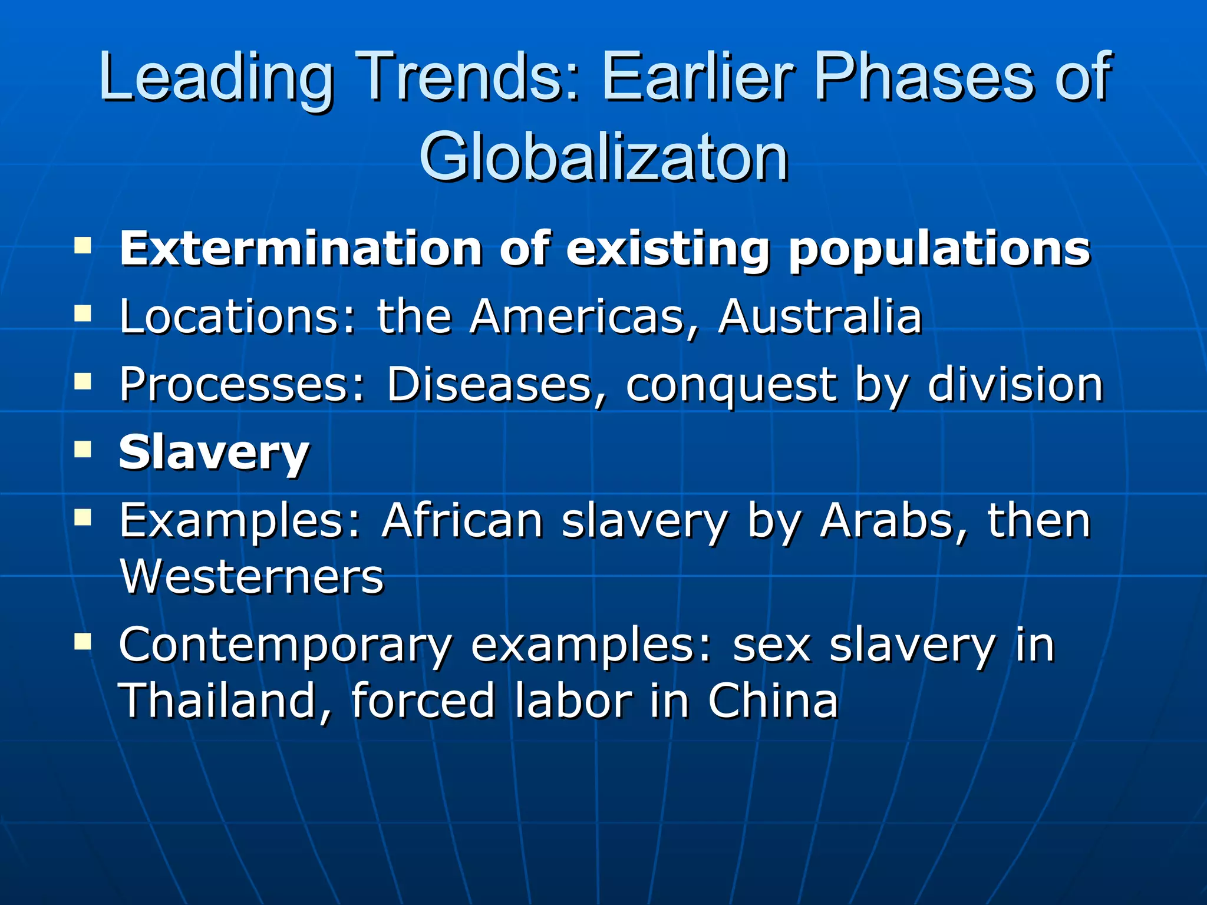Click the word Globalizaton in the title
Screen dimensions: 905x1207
[603, 156]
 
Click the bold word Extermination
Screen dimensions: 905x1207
[301, 248]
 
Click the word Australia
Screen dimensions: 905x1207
[820, 316]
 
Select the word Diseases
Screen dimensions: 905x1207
[489, 385]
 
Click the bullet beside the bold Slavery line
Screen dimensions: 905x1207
[83, 451]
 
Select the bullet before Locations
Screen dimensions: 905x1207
[83, 313]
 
